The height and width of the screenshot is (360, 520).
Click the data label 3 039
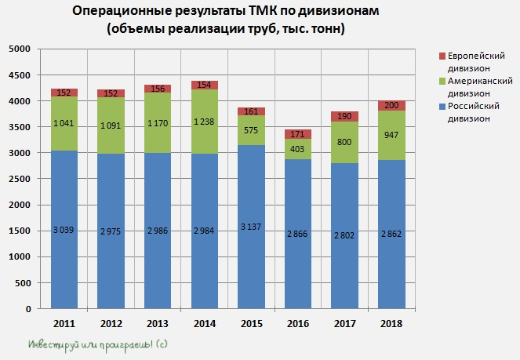point(64,230)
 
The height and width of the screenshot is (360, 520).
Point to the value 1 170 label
point(158,123)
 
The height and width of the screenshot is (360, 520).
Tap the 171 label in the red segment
point(300,134)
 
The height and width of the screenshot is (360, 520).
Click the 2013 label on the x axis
point(158,322)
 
